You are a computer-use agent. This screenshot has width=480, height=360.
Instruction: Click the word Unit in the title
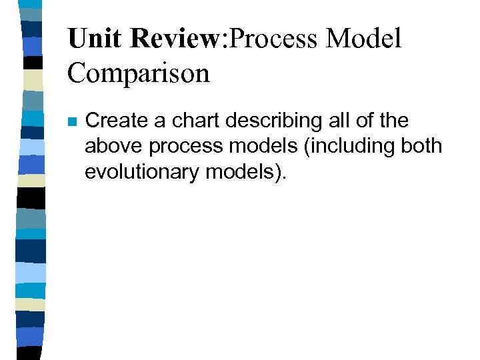tap(95, 39)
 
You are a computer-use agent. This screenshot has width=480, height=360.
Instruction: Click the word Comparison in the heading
tap(138, 73)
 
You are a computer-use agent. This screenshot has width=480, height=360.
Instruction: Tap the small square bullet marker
tap(72, 123)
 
